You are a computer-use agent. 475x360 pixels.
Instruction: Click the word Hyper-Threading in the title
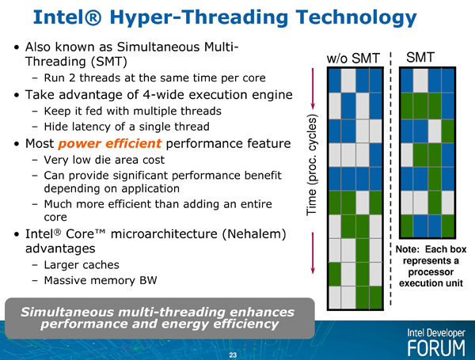[x=199, y=18]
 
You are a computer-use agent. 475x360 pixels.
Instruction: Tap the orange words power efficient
[x=109, y=143]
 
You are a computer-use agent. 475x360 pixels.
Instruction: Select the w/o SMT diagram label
[x=353, y=59]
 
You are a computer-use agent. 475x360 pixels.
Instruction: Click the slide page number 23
[x=233, y=355]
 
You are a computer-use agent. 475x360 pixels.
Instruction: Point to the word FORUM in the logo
[x=436, y=348]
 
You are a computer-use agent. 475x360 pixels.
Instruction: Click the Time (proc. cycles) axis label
[x=311, y=165]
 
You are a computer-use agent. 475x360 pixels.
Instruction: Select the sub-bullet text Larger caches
[x=82, y=265]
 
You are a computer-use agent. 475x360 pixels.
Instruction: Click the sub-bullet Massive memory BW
[x=101, y=280]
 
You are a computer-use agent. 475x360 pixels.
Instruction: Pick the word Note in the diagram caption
[x=408, y=249]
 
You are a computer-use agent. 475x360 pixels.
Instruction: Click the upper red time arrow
[x=313, y=89]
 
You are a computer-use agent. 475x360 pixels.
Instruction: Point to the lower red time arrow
[x=313, y=253]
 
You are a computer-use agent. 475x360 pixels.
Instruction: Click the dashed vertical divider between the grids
[x=390, y=179]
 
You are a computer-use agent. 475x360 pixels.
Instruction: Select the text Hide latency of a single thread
[x=127, y=127]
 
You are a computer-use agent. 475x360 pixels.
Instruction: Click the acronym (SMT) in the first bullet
[x=108, y=62]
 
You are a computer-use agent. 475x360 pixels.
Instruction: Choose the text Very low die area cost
[x=104, y=160]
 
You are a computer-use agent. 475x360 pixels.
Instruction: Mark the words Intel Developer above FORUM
[x=436, y=333]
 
